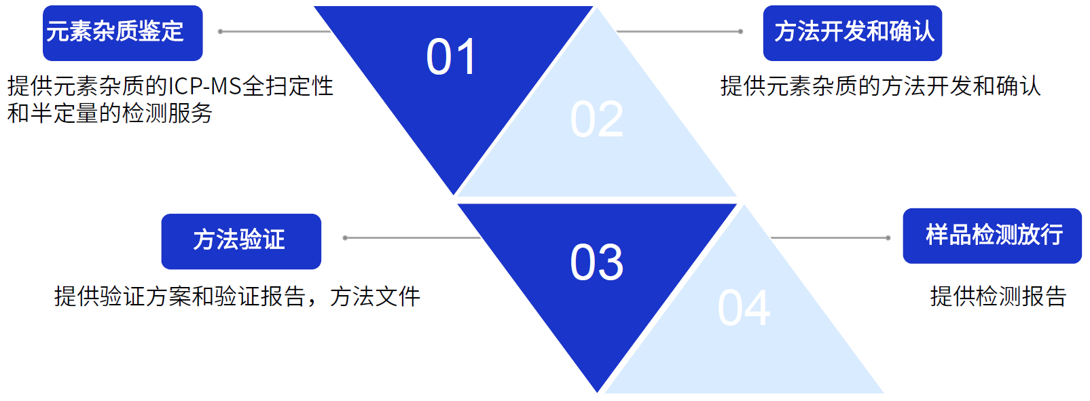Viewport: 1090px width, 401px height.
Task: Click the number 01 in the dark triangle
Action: [x=450, y=57]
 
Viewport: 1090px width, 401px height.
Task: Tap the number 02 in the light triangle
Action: [x=596, y=119]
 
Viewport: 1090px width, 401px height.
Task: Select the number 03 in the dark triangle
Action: [x=596, y=263]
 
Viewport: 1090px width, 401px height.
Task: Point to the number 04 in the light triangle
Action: [x=744, y=307]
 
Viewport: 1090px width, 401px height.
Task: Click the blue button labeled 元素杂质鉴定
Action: [x=123, y=33]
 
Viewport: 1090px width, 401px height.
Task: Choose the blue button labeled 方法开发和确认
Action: [x=852, y=33]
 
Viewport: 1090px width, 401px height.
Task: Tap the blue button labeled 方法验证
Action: [x=241, y=242]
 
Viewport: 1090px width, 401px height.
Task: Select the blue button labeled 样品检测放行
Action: [x=992, y=236]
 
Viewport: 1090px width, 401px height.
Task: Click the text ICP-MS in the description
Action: [x=204, y=86]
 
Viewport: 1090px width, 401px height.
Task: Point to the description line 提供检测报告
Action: [x=998, y=297]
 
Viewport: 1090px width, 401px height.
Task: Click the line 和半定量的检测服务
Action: [x=109, y=113]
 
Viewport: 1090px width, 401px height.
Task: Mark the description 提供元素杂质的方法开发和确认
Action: [x=880, y=86]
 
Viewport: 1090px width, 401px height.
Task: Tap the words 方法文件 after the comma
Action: [x=375, y=297]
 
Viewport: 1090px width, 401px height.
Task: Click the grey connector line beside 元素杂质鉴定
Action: [x=275, y=32]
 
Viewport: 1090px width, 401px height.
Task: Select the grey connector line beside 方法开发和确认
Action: [x=679, y=32]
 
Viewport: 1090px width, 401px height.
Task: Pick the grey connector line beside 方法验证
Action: [x=412, y=237]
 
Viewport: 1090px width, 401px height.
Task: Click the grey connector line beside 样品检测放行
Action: [x=831, y=237]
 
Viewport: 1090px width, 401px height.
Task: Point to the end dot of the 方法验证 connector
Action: [x=345, y=237]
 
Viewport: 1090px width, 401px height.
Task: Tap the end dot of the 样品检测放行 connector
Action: [x=888, y=237]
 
